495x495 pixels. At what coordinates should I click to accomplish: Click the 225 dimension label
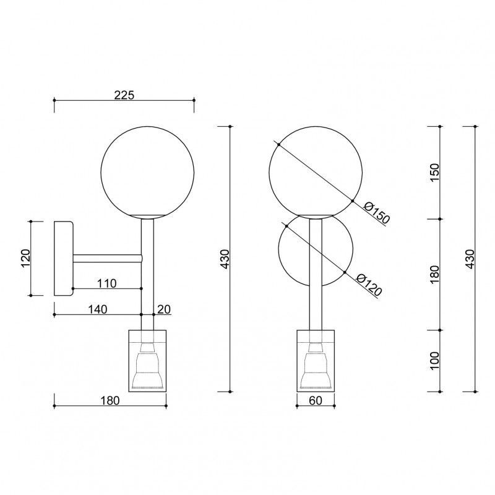(124, 95)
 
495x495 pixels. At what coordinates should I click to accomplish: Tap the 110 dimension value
(106, 283)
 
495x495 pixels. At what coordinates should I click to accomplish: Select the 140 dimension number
(98, 309)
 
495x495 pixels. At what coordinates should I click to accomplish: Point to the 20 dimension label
(164, 309)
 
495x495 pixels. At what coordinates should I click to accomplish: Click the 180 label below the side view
(110, 400)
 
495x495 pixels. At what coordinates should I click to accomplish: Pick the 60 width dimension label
(316, 400)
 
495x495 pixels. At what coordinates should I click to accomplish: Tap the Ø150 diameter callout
(377, 213)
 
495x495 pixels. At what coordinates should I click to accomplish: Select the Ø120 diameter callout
(369, 285)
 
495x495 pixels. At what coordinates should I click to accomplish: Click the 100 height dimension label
(435, 360)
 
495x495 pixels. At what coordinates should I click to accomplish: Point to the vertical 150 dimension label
(435, 172)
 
